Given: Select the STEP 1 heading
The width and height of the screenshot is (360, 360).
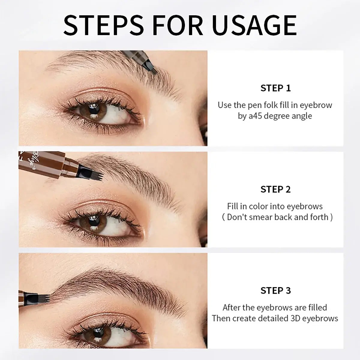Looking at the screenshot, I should [x=275, y=88].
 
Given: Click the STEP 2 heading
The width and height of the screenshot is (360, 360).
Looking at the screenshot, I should [x=275, y=189].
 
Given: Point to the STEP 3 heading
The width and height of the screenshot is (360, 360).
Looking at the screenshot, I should [x=275, y=290].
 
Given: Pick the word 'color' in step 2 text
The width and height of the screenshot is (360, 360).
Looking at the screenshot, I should [x=258, y=206].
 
